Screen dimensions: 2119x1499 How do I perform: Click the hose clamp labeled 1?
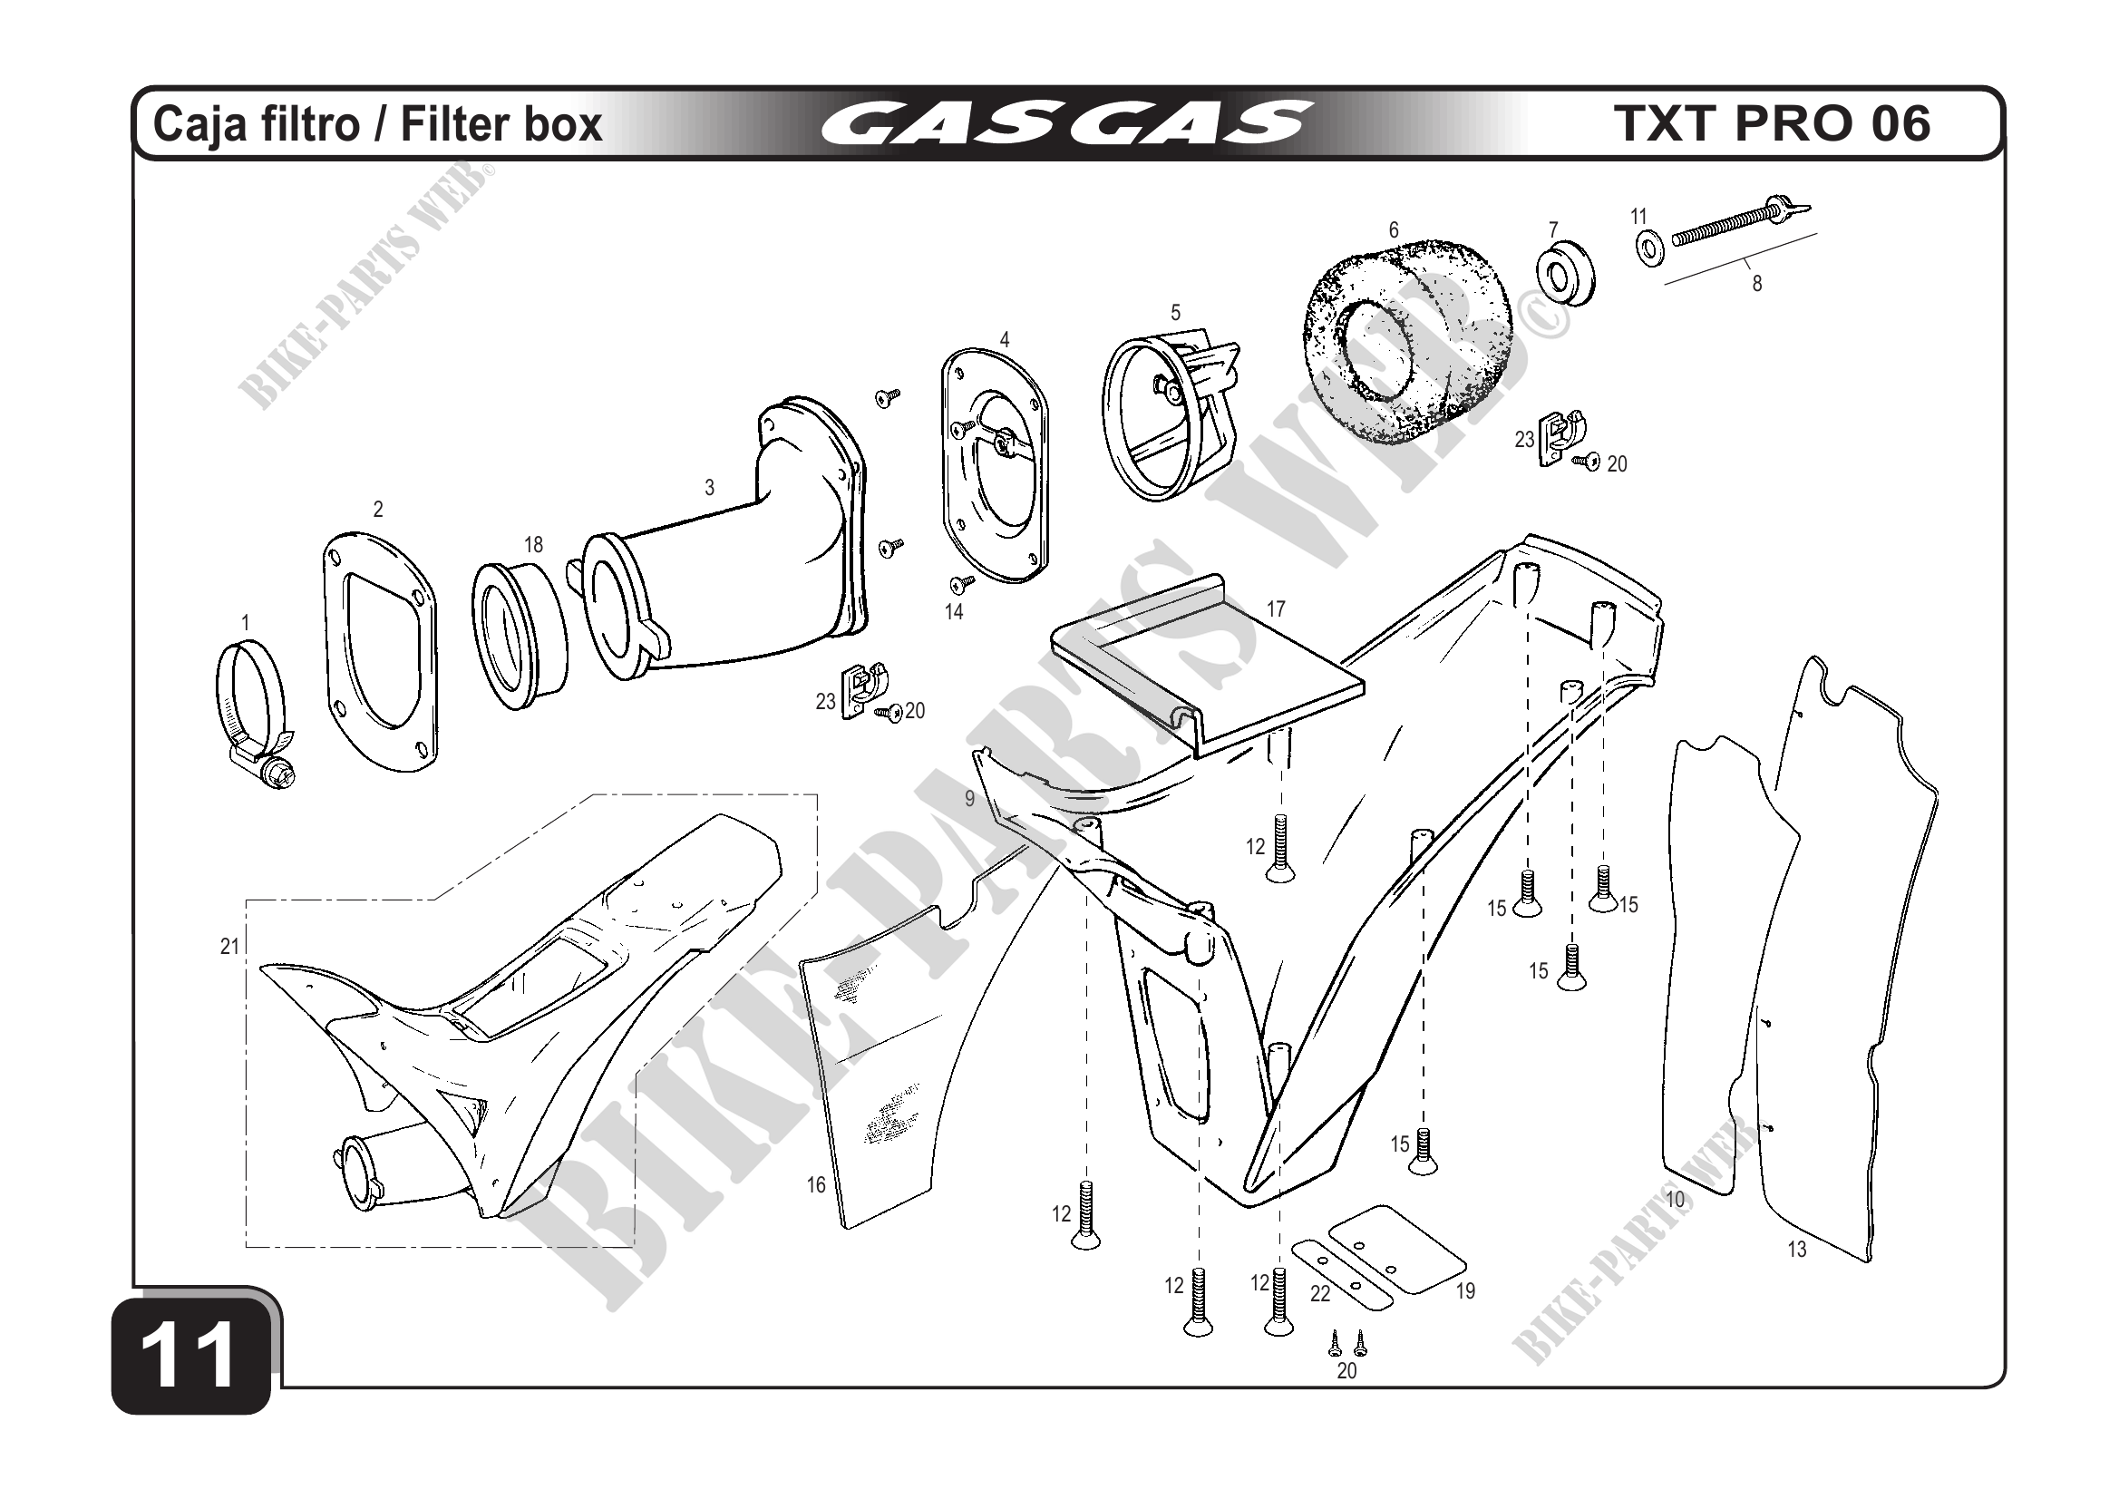pyautogui.click(x=256, y=715)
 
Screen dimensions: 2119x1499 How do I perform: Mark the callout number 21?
pyautogui.click(x=229, y=946)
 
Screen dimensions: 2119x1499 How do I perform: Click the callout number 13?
pyautogui.click(x=1797, y=1250)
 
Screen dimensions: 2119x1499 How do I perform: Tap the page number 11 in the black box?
pyautogui.click(x=192, y=1353)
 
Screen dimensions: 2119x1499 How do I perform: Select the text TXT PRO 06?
pyautogui.click(x=1772, y=122)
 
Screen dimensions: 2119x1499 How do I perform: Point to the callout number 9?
pyautogui.click(x=970, y=798)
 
